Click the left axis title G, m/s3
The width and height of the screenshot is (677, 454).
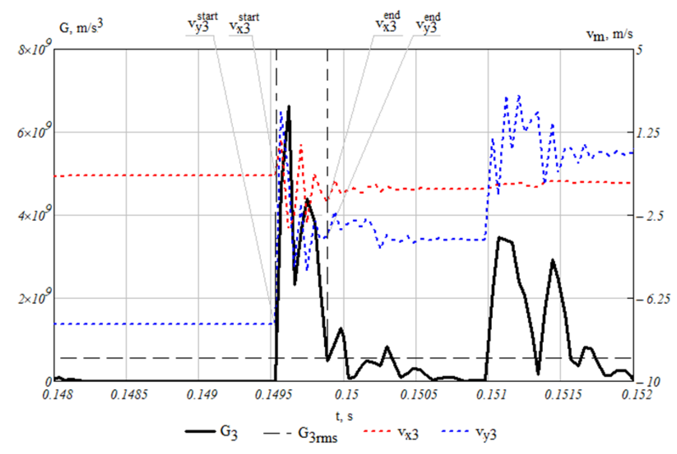pyautogui.click(x=81, y=27)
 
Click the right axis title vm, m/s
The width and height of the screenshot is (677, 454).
pyautogui.click(x=609, y=34)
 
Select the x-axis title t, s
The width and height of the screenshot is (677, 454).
pyautogui.click(x=344, y=416)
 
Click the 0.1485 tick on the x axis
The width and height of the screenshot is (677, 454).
pyautogui.click(x=128, y=395)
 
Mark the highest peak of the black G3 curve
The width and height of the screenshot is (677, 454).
pyautogui.click(x=288, y=106)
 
